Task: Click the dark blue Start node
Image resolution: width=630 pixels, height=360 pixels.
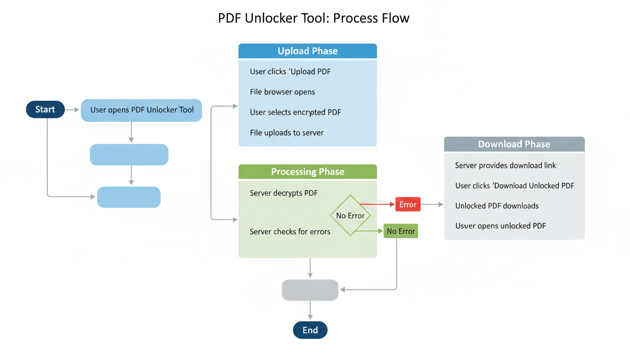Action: point(45,110)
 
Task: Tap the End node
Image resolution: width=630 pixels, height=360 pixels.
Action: point(310,330)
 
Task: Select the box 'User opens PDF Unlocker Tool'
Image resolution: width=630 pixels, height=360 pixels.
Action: point(142,110)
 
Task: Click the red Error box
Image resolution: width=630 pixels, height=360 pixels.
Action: point(408,204)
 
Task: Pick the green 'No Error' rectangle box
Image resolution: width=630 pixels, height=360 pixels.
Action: point(401,231)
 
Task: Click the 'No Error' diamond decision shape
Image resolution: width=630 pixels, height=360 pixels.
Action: point(350,216)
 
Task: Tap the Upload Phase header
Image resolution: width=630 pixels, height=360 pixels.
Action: point(307,51)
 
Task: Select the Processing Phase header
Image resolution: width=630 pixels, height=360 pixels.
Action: point(307,172)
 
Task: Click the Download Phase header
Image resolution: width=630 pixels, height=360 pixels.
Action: point(514,144)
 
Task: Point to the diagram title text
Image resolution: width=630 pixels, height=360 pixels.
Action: point(314,18)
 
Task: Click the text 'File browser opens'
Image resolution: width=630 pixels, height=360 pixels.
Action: point(282,92)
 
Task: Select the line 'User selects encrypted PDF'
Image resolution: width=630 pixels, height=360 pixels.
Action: point(295,112)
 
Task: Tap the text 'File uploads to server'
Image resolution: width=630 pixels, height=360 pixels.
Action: point(286,133)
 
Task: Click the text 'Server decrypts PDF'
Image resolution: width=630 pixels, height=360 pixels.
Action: point(284,193)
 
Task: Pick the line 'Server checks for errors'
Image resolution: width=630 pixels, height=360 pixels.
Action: point(290,232)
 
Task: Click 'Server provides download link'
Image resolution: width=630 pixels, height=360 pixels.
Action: point(505,165)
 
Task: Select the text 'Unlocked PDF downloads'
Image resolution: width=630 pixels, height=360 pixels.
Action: point(496,206)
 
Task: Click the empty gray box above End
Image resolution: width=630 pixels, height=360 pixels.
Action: point(310,290)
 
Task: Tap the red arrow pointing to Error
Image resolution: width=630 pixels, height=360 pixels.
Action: point(378,204)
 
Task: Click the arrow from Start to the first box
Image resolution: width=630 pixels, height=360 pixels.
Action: point(72,110)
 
